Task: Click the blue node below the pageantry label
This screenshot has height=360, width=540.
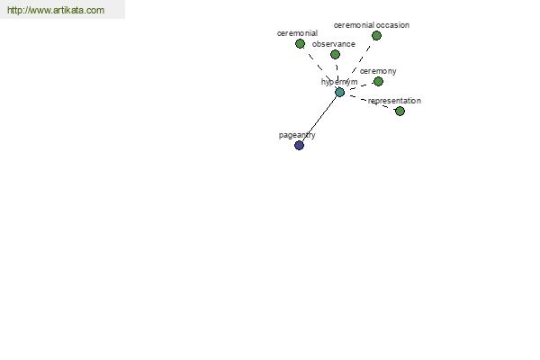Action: [300, 146]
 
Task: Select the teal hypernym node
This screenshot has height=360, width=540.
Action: [339, 93]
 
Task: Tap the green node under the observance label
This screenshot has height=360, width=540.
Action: [335, 54]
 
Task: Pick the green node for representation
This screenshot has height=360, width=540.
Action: [400, 112]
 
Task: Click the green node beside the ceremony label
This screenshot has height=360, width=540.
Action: [378, 82]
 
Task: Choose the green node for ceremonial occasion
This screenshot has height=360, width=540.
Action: [376, 35]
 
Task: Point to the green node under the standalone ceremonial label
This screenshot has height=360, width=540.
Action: [300, 44]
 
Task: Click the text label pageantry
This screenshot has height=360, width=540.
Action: [297, 135]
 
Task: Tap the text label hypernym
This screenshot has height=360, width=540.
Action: [339, 82]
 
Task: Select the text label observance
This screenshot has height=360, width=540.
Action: [333, 44]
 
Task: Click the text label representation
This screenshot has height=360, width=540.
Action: [394, 101]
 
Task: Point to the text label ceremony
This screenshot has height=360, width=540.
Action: [378, 71]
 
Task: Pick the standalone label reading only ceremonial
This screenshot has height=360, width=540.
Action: [297, 33]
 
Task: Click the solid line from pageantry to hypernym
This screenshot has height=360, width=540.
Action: [319, 119]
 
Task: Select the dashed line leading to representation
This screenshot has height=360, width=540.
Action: [373, 103]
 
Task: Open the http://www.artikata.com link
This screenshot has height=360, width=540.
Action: [56, 10]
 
